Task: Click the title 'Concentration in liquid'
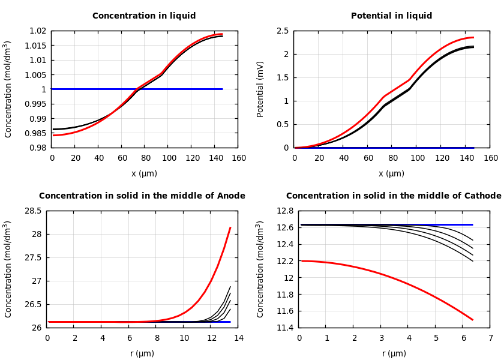(x=144, y=16)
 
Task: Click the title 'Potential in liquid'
(x=391, y=16)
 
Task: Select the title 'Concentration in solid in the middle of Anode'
(x=142, y=196)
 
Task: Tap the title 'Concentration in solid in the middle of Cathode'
(x=394, y=196)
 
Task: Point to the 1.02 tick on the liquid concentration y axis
(x=38, y=31)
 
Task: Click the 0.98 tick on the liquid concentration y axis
(x=38, y=148)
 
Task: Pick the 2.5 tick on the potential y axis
(x=282, y=31)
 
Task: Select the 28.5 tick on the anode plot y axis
(x=33, y=211)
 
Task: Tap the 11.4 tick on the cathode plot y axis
(x=285, y=328)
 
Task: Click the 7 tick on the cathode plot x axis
(x=490, y=338)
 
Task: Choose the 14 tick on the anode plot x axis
(x=238, y=338)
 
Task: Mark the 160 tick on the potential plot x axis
(x=490, y=158)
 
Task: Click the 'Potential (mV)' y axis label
(x=260, y=89)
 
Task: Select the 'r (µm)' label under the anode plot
(x=142, y=353)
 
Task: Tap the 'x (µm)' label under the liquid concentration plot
(x=144, y=173)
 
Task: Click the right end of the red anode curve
(x=230, y=227)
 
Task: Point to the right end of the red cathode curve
(x=473, y=320)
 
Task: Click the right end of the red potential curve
(x=473, y=37)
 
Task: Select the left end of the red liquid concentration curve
(x=53, y=135)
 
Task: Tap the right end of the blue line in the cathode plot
(x=473, y=224)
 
